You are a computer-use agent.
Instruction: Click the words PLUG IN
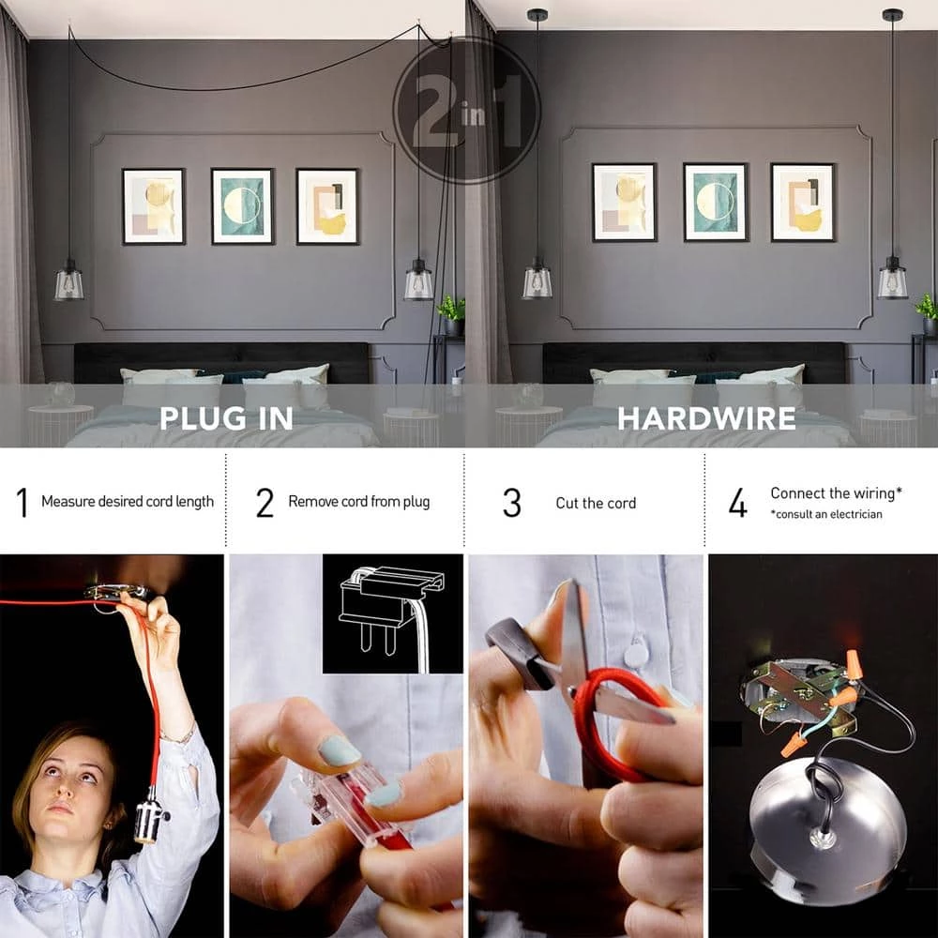[226, 418]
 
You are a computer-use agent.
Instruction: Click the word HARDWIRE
[706, 418]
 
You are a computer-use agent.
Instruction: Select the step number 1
[23, 502]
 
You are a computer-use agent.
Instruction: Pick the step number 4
[737, 502]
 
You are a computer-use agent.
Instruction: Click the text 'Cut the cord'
[596, 503]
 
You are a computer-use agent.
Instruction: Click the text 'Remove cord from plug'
[359, 501]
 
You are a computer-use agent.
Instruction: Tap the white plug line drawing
[392, 613]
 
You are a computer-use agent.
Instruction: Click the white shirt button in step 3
[634, 653]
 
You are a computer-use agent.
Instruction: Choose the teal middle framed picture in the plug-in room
[242, 205]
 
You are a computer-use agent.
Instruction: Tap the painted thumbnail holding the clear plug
[339, 750]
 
